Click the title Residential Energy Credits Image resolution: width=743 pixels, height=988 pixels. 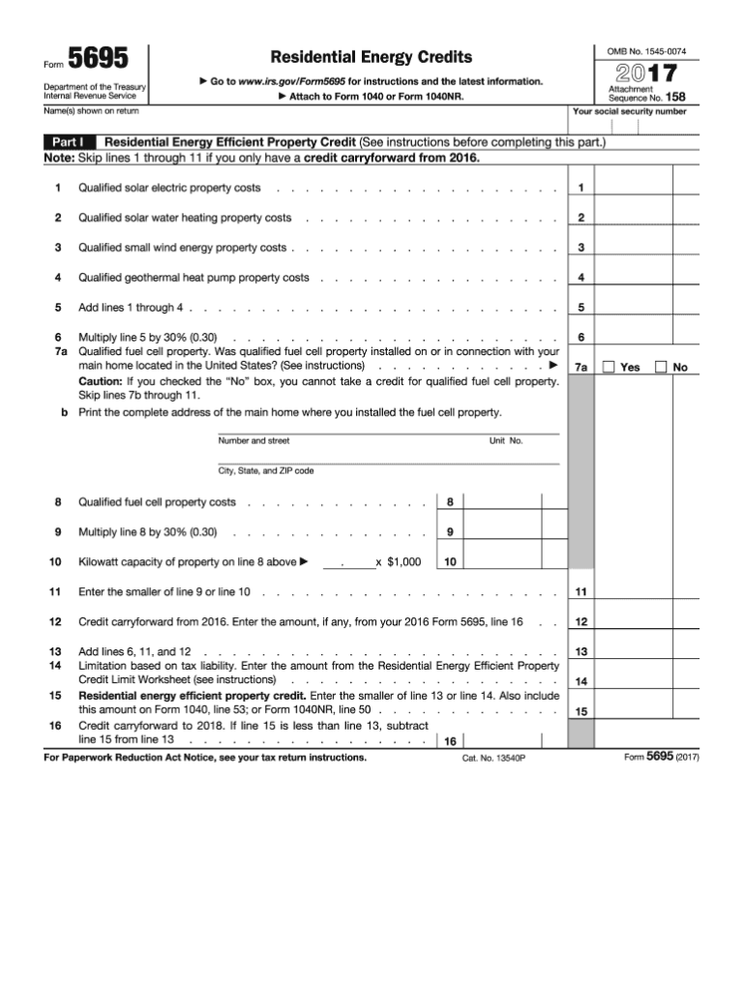(371, 57)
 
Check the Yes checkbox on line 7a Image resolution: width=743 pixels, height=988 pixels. (609, 367)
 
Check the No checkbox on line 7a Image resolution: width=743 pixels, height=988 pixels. (661, 367)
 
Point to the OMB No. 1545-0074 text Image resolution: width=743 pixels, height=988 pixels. (646, 50)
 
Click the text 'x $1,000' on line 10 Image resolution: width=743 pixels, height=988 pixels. (398, 562)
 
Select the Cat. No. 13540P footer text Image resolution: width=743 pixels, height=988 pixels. (493, 758)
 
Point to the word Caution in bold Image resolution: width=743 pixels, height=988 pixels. (100, 381)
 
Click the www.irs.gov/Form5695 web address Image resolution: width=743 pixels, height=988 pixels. (290, 81)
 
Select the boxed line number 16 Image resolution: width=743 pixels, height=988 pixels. (450, 742)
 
